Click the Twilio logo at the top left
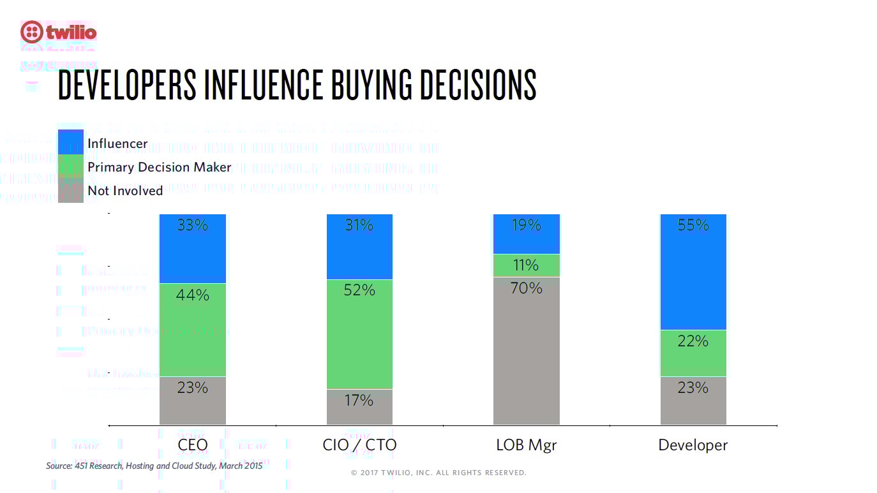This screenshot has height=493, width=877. tap(59, 31)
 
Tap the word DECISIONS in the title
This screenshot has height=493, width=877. tap(477, 85)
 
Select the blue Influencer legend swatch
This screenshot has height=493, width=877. tap(70, 142)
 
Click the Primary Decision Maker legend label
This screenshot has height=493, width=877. tap(159, 167)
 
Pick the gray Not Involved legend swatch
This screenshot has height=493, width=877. tap(70, 190)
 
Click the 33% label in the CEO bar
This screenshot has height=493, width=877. tap(192, 225)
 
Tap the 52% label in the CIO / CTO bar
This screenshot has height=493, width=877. tap(359, 290)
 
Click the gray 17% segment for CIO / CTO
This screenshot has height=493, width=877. tap(359, 407)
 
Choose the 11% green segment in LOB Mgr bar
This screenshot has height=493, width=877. tap(527, 265)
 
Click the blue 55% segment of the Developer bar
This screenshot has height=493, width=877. tap(693, 274)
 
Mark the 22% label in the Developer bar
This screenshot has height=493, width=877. tap(693, 341)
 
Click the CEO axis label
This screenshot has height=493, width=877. tap(192, 445)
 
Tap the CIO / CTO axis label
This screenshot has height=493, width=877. tap(359, 445)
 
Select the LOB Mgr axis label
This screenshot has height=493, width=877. tap(527, 445)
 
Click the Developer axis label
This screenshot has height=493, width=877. tap(693, 445)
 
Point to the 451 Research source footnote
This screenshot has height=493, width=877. tap(154, 466)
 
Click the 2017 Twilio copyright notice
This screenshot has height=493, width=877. tap(438, 473)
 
